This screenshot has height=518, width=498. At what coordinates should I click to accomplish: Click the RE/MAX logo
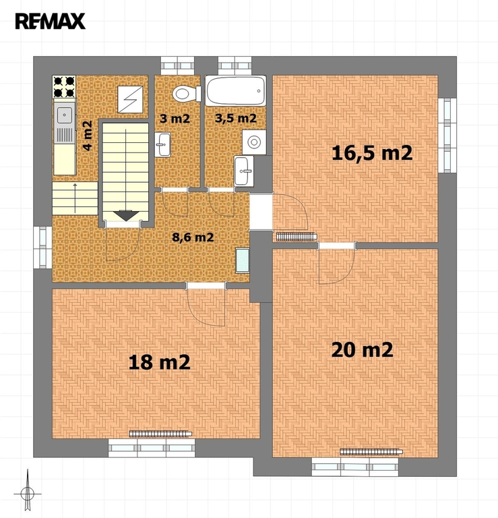[x=50, y=21]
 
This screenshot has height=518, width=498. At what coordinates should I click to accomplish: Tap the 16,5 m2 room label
[x=372, y=153]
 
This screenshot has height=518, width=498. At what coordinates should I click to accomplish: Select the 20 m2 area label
[x=362, y=349]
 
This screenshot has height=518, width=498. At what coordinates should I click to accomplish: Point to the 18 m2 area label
[x=159, y=362]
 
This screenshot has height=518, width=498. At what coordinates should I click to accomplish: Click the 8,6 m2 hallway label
[x=193, y=237]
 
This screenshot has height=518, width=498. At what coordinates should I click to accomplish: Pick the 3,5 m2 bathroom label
[x=236, y=118]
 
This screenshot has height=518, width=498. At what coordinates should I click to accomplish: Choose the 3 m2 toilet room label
[x=175, y=118]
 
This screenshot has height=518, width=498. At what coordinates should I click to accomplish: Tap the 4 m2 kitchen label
[x=87, y=136]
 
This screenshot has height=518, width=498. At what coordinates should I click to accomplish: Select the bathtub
[x=235, y=91]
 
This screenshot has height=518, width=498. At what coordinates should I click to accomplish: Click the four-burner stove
[x=64, y=87]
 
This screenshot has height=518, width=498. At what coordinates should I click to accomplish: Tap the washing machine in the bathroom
[x=254, y=142]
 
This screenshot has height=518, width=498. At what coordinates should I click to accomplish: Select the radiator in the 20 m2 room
[x=371, y=451]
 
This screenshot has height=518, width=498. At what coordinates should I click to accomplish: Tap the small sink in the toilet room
[x=162, y=145]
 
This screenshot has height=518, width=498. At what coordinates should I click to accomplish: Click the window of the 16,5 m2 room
[x=447, y=135]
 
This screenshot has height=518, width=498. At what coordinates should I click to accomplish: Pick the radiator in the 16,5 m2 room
[x=297, y=237]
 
